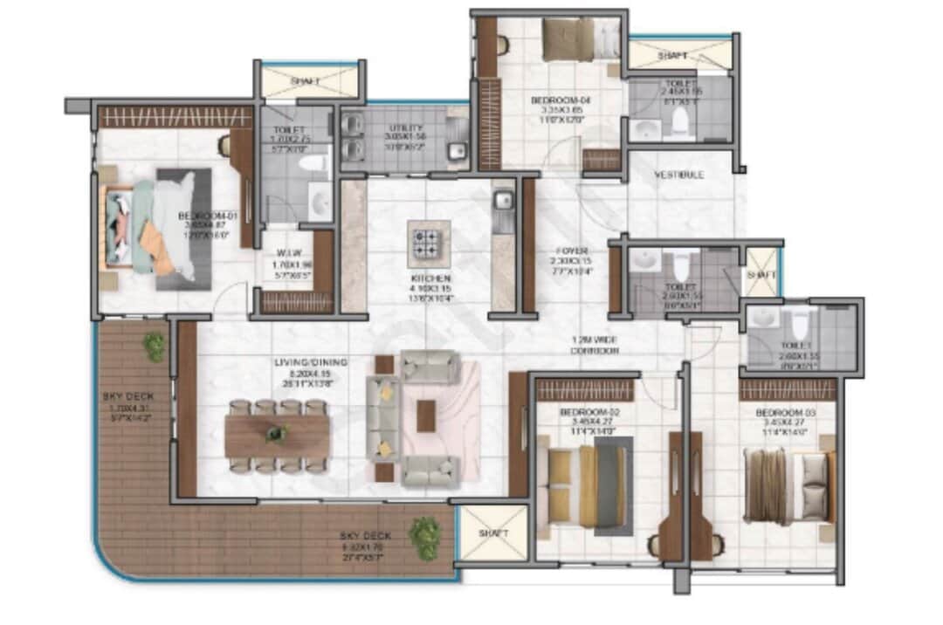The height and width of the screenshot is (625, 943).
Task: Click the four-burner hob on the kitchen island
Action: click(429, 244)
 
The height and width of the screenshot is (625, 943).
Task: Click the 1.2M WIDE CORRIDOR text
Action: click(595, 345)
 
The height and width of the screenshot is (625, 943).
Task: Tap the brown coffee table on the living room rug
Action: click(426, 415)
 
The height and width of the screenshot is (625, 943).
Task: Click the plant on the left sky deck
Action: click(155, 346)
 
